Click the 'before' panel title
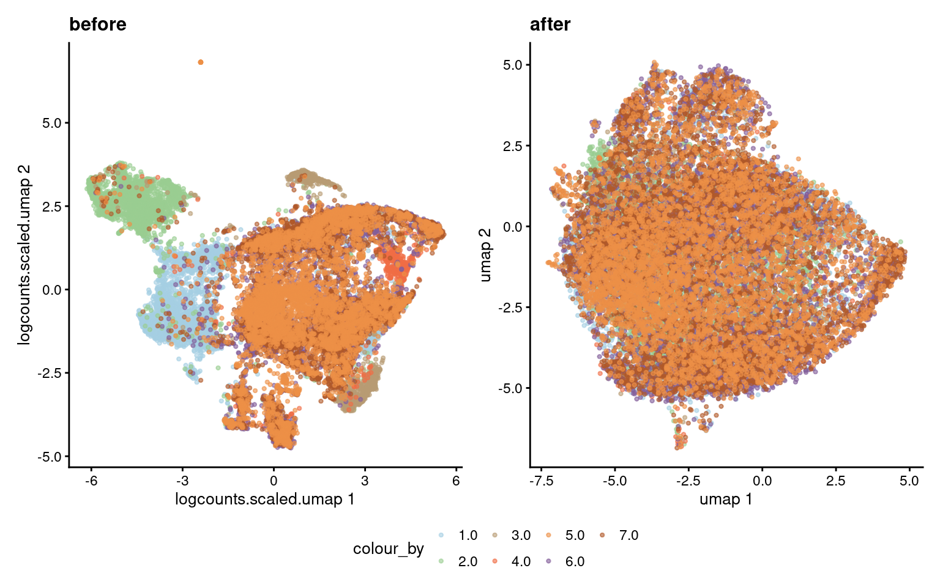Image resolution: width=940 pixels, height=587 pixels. click(98, 24)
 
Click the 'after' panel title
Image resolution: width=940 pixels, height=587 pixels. click(550, 24)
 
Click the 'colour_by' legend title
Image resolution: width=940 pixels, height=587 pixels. click(388, 548)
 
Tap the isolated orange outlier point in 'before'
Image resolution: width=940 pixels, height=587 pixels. click(201, 62)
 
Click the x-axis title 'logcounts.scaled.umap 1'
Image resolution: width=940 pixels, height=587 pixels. click(264, 500)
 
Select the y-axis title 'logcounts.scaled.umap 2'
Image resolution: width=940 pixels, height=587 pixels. click(24, 255)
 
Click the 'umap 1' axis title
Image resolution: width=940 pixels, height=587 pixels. click(726, 500)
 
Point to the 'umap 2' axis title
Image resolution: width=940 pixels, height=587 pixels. click(485, 255)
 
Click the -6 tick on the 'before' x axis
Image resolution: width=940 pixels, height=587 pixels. click(91, 481)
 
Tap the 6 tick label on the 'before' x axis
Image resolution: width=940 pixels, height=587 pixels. click(456, 481)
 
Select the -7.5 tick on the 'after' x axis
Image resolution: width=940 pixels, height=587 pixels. click(541, 481)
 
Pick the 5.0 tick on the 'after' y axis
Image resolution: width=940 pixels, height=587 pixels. click(513, 65)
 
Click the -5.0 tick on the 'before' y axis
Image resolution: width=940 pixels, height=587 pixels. click(51, 457)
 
